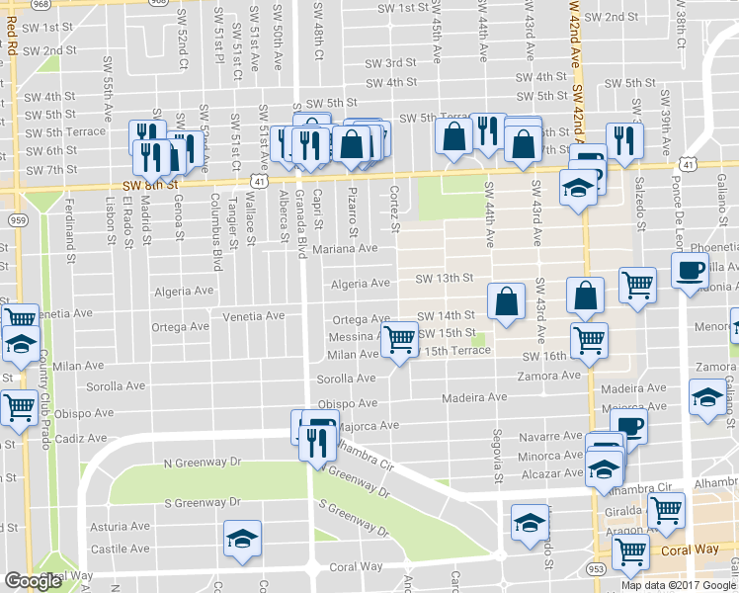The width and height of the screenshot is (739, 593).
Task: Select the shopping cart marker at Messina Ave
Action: (399, 339)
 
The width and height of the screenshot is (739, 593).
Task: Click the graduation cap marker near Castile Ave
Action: (242, 539)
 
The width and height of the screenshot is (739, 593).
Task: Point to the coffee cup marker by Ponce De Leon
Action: (690, 269)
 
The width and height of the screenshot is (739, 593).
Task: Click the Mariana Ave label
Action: (346, 249)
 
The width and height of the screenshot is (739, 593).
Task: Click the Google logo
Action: (33, 581)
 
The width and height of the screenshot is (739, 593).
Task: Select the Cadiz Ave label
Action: (74, 438)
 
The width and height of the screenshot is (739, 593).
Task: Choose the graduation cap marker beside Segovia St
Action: (530, 521)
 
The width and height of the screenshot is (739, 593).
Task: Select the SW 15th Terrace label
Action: (454, 351)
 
